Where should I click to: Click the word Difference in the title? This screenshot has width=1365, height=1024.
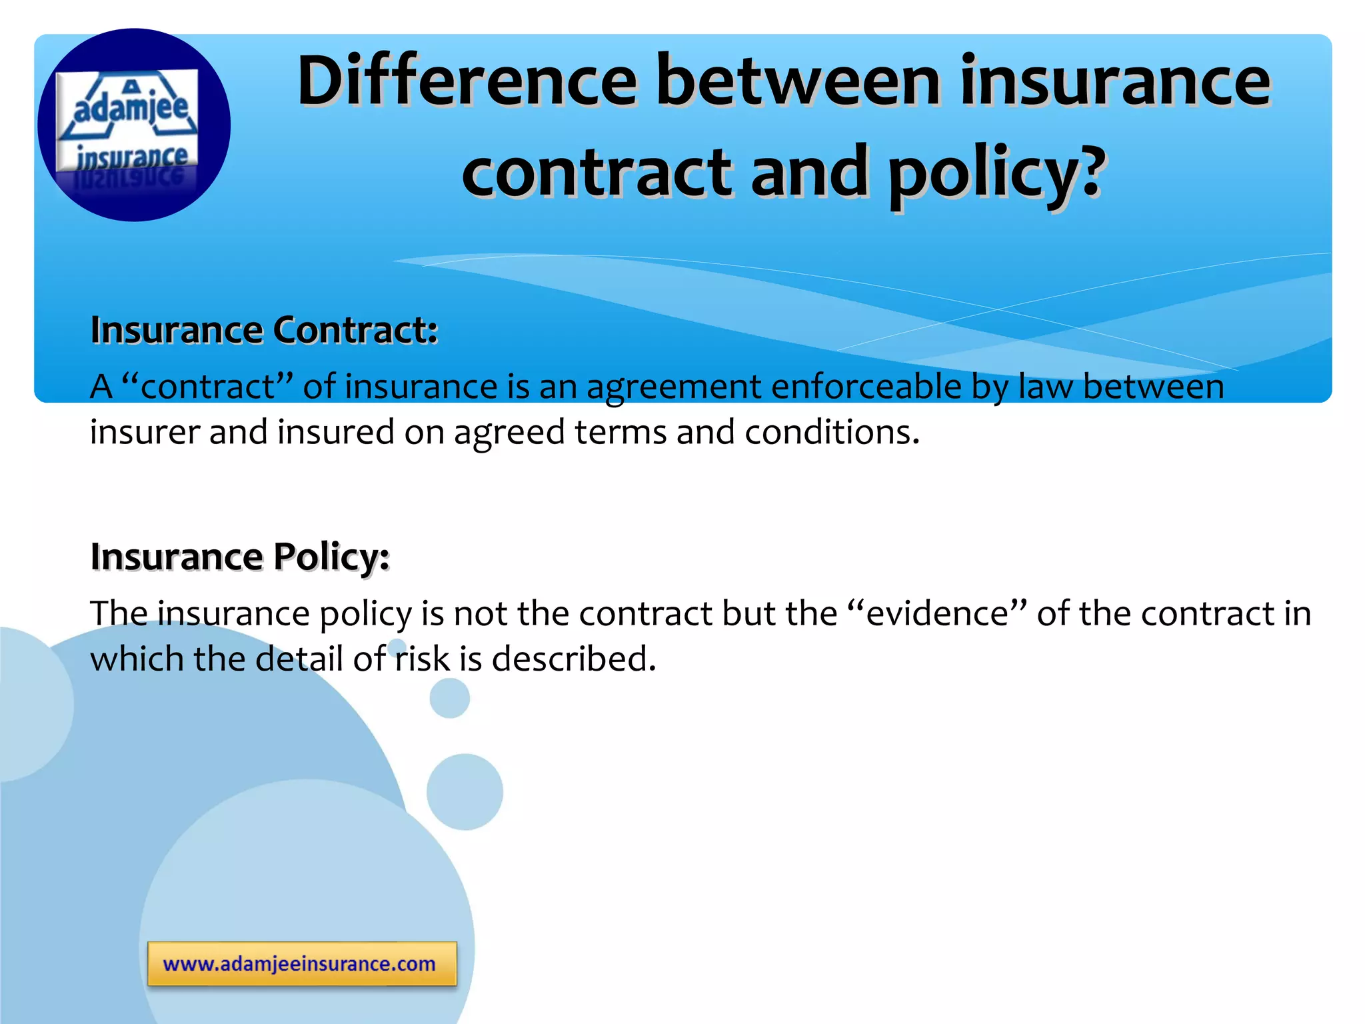(467, 81)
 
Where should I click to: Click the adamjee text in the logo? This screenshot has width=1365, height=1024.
(131, 107)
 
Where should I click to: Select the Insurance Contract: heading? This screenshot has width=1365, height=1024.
(264, 330)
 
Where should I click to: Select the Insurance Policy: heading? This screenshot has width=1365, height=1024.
(240, 557)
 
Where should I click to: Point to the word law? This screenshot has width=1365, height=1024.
(1046, 387)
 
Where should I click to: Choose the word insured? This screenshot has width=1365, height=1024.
(336, 432)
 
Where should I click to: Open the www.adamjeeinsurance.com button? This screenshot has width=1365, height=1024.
(302, 964)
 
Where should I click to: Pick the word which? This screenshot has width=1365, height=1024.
(137, 659)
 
